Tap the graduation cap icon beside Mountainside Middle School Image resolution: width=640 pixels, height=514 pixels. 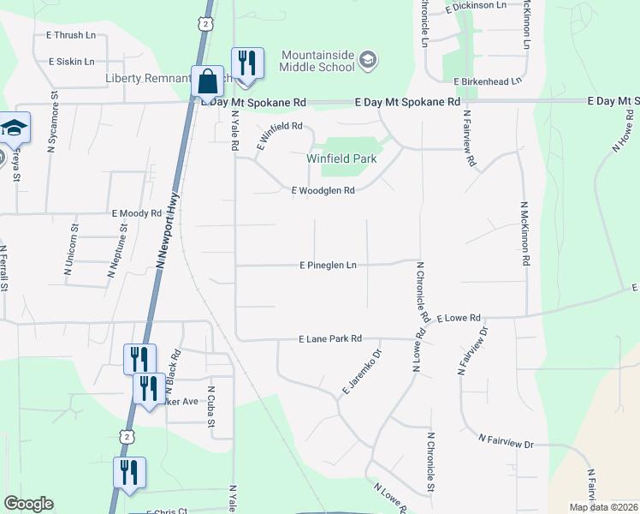[x=368, y=59]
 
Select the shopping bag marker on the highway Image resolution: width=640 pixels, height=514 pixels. [x=208, y=82]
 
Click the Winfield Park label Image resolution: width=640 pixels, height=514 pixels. [x=342, y=158]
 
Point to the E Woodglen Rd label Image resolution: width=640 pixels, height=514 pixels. [x=323, y=191]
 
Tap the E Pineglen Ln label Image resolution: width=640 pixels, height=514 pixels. [x=329, y=266]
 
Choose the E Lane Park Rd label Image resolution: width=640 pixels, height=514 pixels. [x=330, y=339]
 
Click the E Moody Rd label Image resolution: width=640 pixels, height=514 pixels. [x=136, y=212]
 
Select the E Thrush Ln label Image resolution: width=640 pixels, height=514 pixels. [x=71, y=36]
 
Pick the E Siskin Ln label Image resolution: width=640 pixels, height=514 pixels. [x=72, y=62]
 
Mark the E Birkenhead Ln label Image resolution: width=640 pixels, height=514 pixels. [x=488, y=81]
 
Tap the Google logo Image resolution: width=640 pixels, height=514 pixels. [x=28, y=504]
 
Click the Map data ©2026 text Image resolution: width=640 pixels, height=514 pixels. [x=602, y=507]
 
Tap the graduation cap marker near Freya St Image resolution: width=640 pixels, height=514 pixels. [x=13, y=128]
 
